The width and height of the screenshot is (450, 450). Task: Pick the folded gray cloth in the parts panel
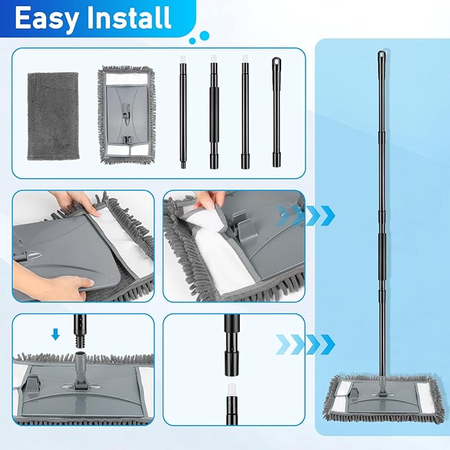53,115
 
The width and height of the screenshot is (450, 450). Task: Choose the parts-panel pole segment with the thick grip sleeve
214,113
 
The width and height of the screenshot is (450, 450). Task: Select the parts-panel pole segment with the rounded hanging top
276,113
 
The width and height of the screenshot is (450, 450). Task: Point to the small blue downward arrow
56,335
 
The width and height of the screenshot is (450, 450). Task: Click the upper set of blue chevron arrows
307,214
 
